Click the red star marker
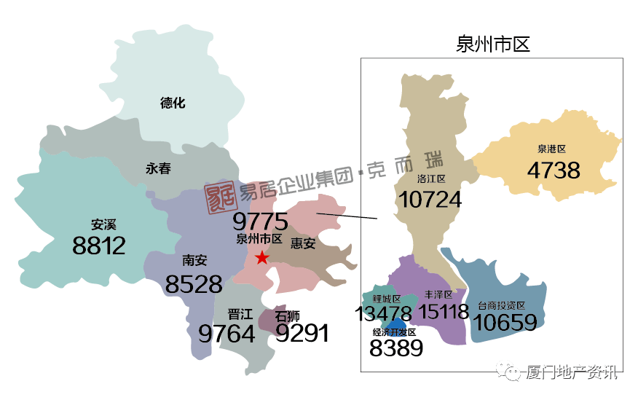pos(262,257)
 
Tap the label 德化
pos(173,103)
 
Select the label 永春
pos(158,168)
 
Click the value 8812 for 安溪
pos(99,246)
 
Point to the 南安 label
pos(194,260)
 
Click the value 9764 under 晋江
pos(227,334)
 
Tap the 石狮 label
pos(287,316)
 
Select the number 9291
pos(302,334)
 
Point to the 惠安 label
pos(303,243)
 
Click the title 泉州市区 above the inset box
pos(492,44)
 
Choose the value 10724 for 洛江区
pos(430,199)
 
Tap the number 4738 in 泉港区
pos(554,170)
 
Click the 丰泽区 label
pos(438,295)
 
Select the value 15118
pos(444,313)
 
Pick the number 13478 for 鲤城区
pos(384,314)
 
